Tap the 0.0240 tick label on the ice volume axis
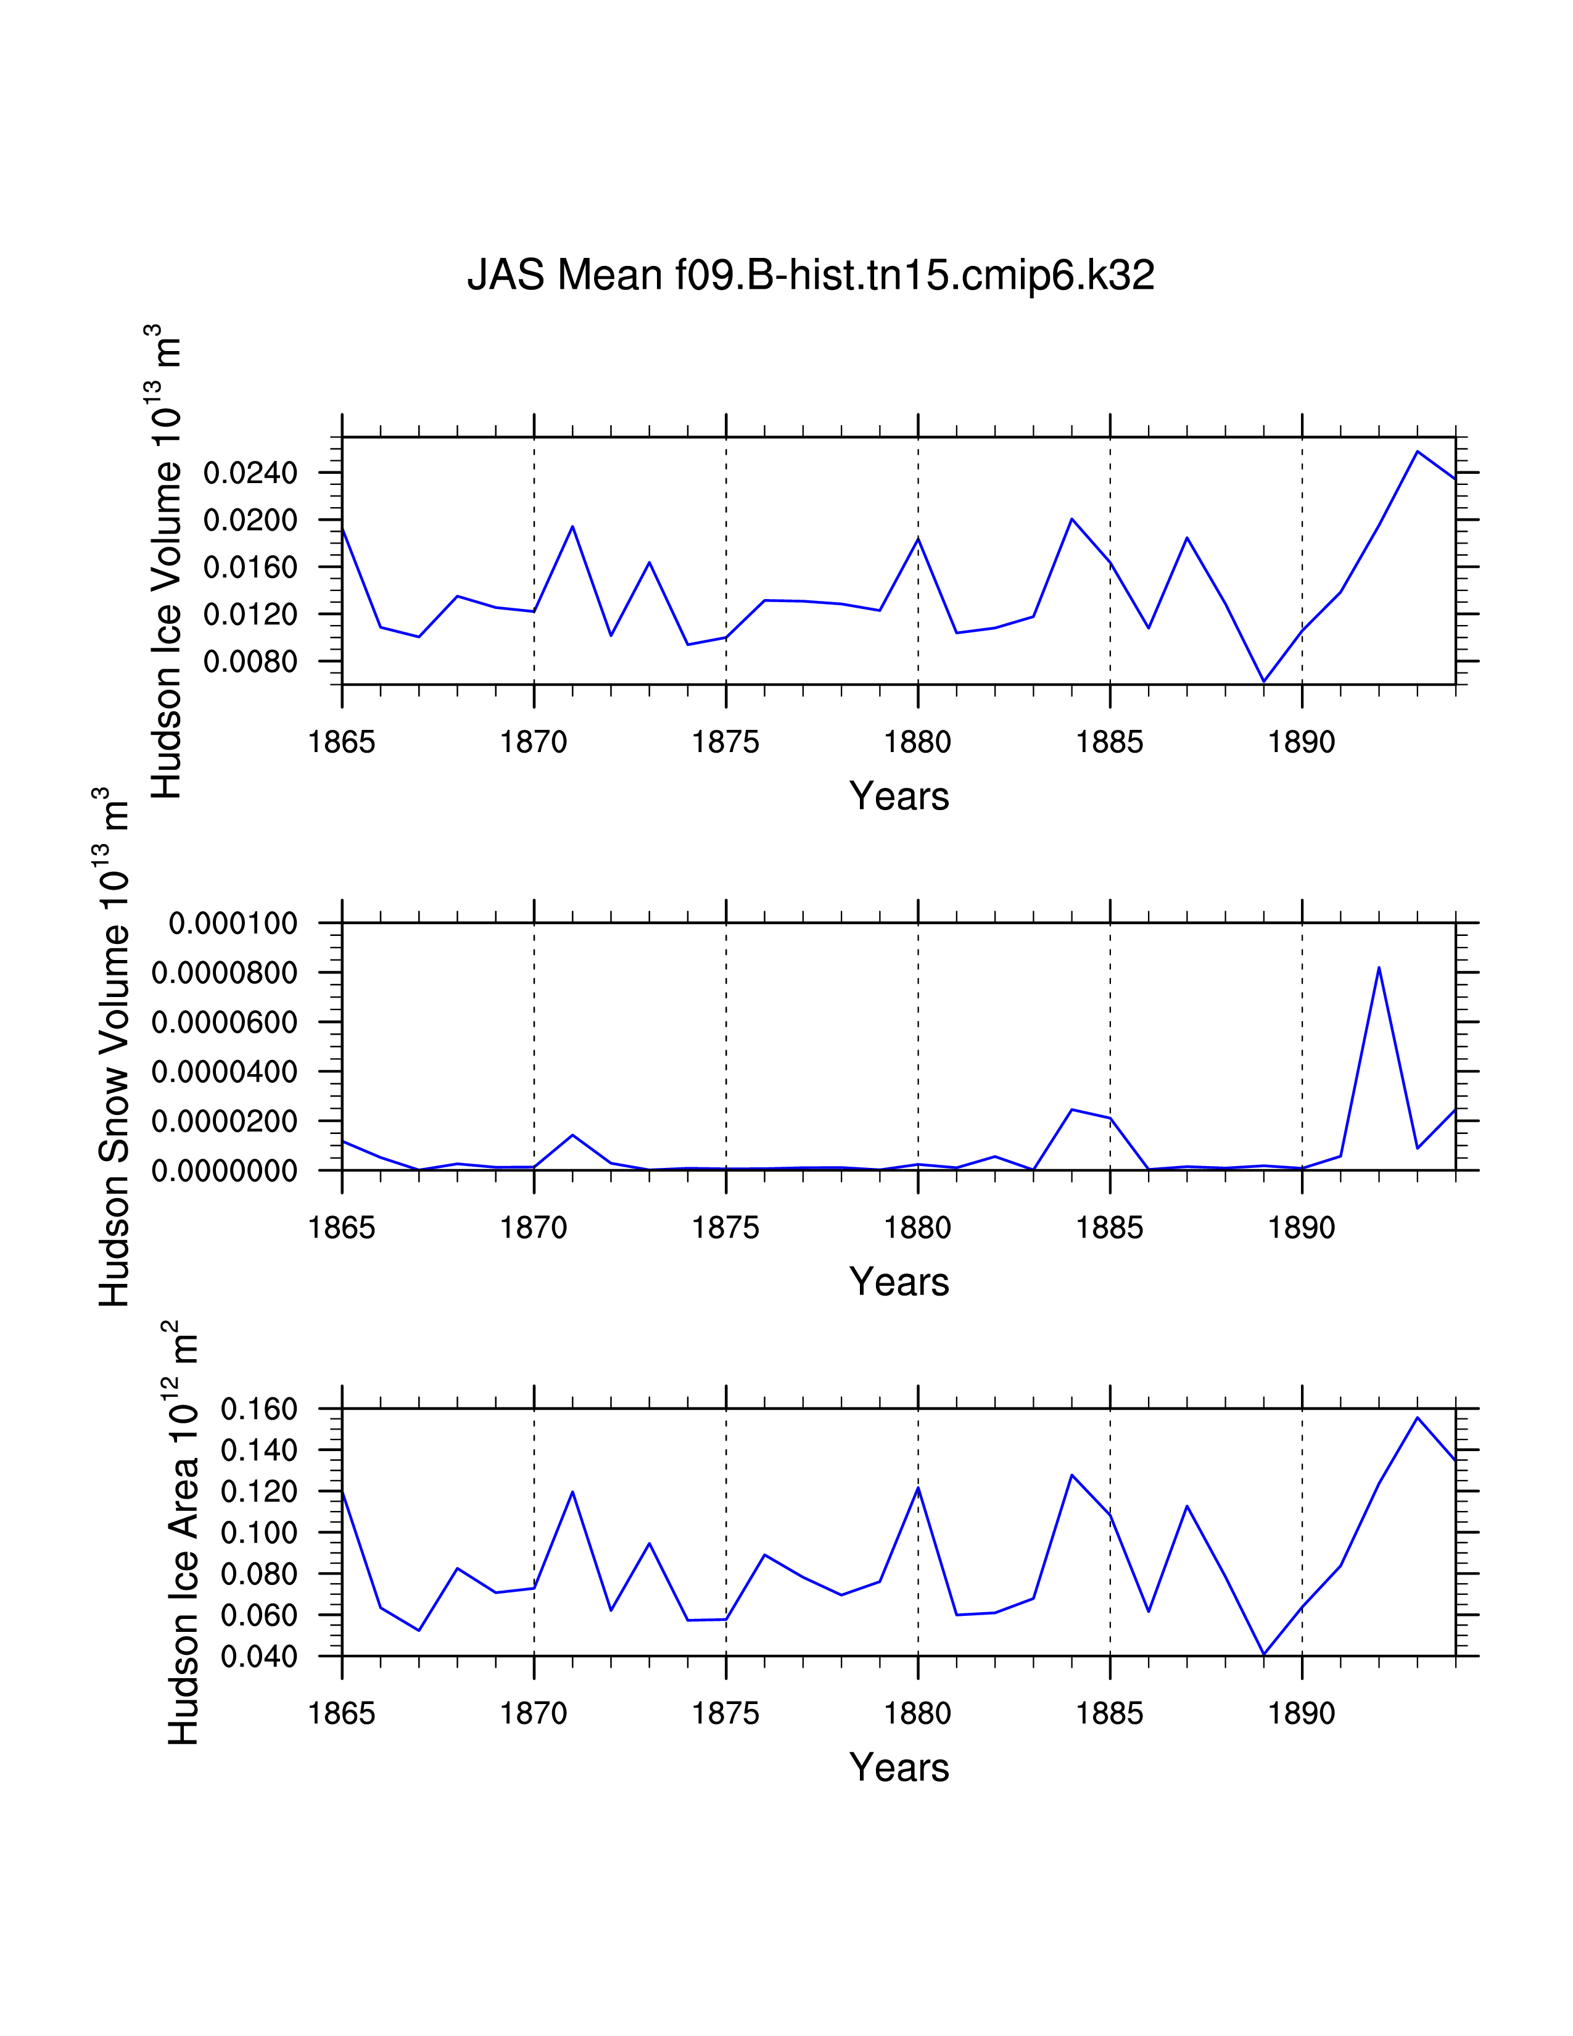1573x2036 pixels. pyautogui.click(x=250, y=473)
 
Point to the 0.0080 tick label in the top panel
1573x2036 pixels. pyautogui.click(x=250, y=662)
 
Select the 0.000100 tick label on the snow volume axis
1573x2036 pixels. pyautogui.click(x=233, y=924)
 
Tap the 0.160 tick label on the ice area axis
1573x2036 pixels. pyautogui.click(x=259, y=1410)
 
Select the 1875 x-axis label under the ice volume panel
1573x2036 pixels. pyautogui.click(x=726, y=743)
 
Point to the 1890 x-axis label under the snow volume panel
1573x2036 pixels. pyautogui.click(x=1302, y=1228)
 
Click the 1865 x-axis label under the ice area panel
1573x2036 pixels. pyautogui.click(x=342, y=1713)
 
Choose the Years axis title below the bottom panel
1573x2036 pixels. pyautogui.click(x=899, y=1768)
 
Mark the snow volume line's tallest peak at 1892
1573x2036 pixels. pyautogui.click(x=1379, y=967)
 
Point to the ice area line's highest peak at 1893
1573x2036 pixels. pyautogui.click(x=1418, y=1418)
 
